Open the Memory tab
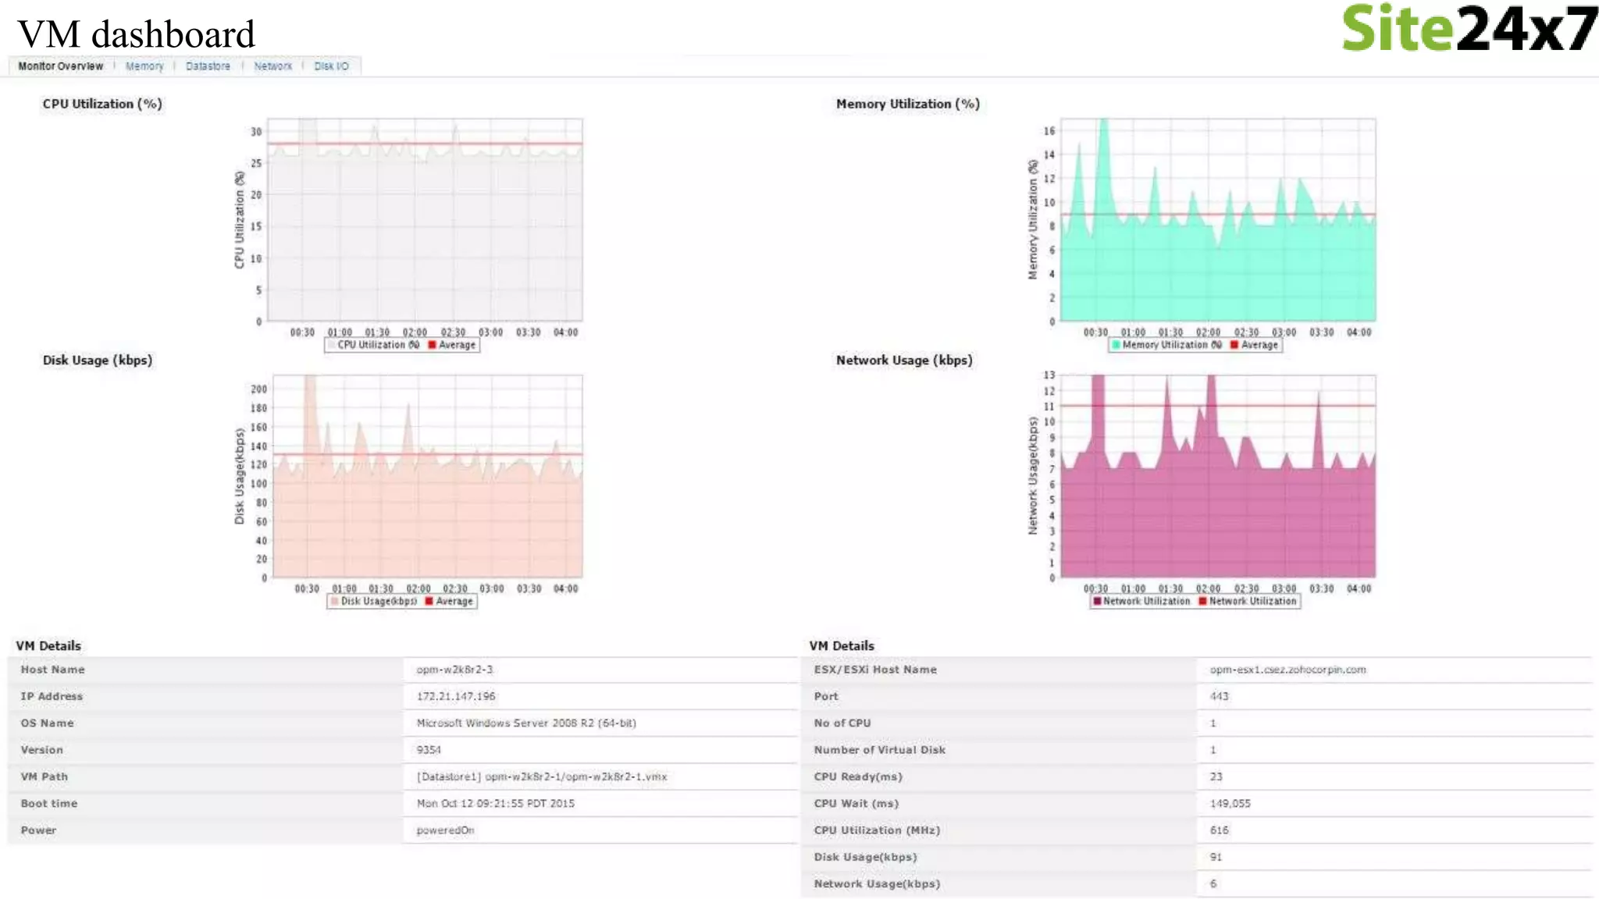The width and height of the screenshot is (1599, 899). [144, 66]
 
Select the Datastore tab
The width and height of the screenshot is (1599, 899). [208, 66]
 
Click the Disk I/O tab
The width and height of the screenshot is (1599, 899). [331, 66]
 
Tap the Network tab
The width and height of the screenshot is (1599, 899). [272, 66]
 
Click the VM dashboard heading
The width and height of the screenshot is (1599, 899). [136, 34]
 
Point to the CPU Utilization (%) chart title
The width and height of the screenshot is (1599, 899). [102, 104]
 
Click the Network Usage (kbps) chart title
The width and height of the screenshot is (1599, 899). [904, 361]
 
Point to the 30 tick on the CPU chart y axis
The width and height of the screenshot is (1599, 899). [256, 132]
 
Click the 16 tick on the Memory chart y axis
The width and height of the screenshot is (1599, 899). [1049, 131]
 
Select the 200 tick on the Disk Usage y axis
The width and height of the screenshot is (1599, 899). [258, 389]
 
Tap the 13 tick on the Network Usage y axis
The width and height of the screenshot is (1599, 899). [1049, 375]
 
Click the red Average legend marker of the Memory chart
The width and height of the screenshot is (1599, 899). [1234, 345]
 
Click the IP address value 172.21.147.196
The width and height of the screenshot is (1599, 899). [456, 696]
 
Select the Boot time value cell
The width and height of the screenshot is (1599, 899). [495, 804]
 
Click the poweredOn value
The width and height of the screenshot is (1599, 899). [445, 830]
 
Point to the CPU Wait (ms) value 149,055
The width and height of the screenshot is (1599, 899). [1230, 804]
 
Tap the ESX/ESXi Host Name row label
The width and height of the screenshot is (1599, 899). [875, 670]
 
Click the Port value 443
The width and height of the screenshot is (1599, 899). [1219, 696]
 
